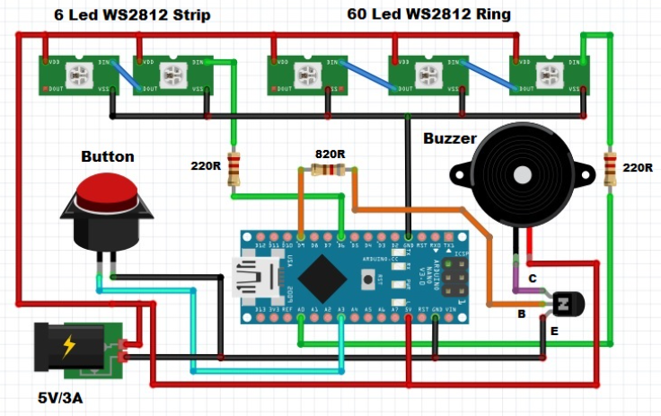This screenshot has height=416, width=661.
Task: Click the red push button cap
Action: coord(107,190)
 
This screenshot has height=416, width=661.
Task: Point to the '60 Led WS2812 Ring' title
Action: coord(429,14)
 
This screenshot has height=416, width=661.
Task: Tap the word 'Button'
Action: coord(108,156)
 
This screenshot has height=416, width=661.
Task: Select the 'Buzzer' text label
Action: coord(452,138)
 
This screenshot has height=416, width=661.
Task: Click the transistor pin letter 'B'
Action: coord(521,314)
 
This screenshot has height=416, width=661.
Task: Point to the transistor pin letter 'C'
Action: coord(533,279)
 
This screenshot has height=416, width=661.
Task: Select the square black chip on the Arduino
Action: coord(322,278)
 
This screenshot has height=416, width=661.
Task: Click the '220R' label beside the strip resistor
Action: coord(207,166)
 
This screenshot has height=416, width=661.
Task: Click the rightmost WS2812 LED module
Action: coord(551,75)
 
